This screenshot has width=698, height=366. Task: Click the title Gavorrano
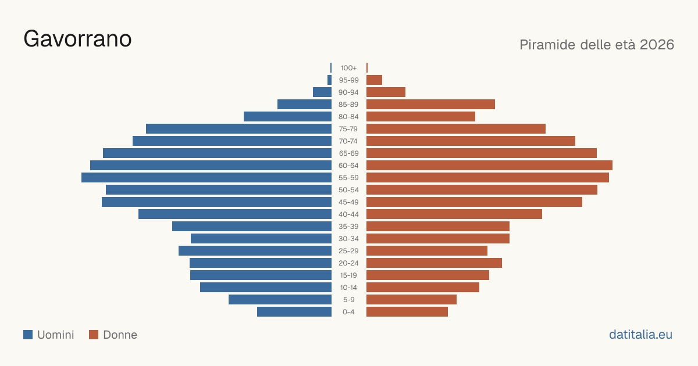(77, 39)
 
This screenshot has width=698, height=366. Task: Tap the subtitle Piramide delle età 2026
(597, 45)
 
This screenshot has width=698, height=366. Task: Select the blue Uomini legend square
(28, 335)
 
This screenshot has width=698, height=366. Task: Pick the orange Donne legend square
(94, 335)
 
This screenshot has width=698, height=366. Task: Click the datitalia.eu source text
(640, 335)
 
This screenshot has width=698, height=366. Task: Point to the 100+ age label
(348, 68)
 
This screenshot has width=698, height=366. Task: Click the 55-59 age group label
(348, 178)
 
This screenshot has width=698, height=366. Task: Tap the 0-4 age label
(348, 312)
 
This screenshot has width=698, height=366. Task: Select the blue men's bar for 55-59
(206, 178)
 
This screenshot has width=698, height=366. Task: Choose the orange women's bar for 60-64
(489, 165)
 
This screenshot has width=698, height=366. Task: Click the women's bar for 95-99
(374, 80)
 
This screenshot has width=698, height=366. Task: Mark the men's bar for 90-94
(322, 92)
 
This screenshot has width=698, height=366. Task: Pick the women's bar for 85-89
(430, 104)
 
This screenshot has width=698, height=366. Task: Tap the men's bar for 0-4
(294, 312)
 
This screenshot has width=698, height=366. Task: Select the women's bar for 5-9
(411, 300)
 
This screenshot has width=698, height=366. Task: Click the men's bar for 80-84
(287, 117)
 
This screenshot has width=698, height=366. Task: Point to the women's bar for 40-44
(454, 214)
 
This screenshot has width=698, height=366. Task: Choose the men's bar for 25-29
(255, 251)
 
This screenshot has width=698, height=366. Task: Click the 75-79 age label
(348, 129)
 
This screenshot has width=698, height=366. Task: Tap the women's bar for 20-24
(434, 263)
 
